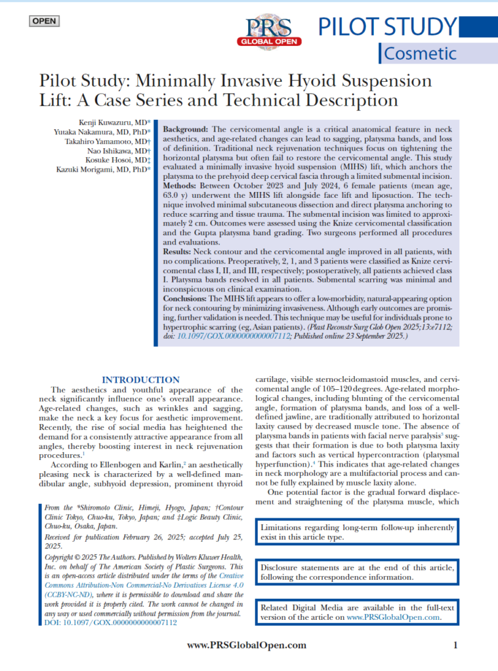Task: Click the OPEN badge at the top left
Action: coord(44,21)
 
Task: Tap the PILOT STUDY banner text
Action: coord(387,27)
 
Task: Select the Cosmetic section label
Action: coord(421,53)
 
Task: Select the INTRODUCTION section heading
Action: coord(140,379)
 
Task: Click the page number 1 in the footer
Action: coord(455,645)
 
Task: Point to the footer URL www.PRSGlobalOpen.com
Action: coord(246,645)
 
